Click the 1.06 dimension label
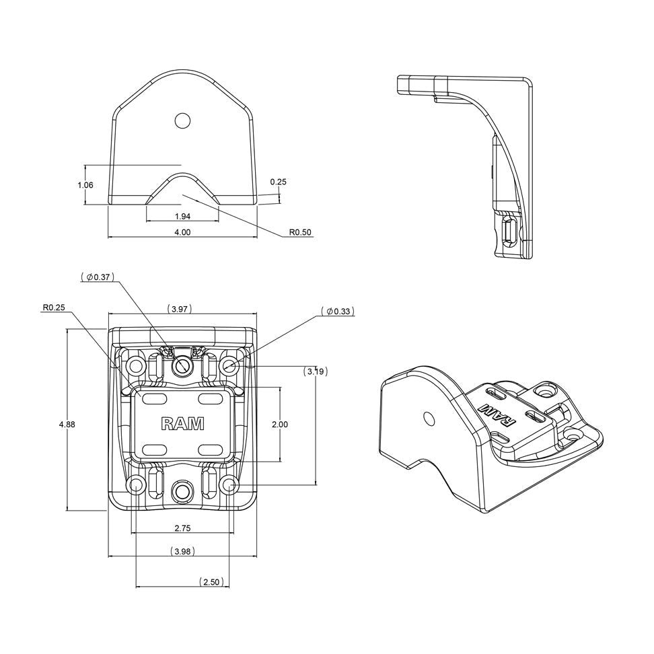point(85,185)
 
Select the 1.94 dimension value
point(182,216)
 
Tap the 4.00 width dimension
point(182,232)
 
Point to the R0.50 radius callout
point(300,232)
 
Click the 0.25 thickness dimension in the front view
point(278,182)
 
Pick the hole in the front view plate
point(182,120)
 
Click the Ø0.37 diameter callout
point(99,277)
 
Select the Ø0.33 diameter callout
point(337,311)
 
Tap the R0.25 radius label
point(54,307)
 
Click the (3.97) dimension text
point(180,309)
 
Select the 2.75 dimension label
point(182,529)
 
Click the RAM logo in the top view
point(183,423)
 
